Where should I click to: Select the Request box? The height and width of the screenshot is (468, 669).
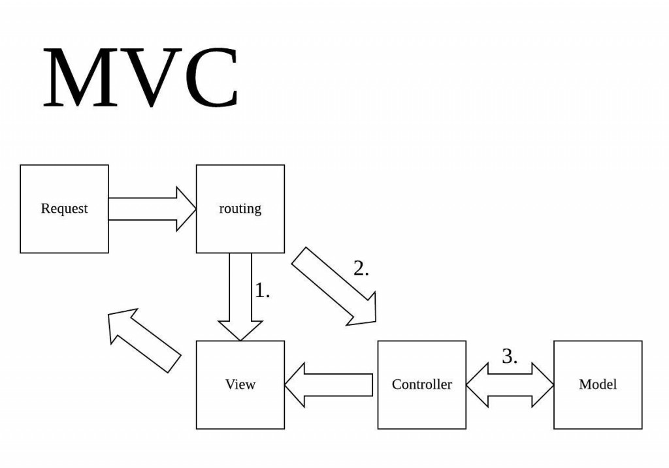pyautogui.click(x=65, y=209)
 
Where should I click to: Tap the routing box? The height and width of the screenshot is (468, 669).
pyautogui.click(x=240, y=209)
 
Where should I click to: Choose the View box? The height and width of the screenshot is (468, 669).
pyautogui.click(x=240, y=385)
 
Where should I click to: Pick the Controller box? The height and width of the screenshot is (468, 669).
pyautogui.click(x=422, y=385)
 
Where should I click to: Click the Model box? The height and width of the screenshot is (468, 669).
pyautogui.click(x=598, y=385)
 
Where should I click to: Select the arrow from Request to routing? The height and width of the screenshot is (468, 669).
pyautogui.click(x=152, y=209)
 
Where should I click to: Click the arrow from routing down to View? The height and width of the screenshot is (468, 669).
pyautogui.click(x=240, y=297)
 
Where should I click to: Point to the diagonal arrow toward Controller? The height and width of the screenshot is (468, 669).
pyautogui.click(x=334, y=287)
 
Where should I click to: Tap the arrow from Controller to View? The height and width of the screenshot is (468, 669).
pyautogui.click(x=329, y=385)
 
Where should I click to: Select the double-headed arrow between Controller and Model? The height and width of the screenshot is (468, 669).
pyautogui.click(x=510, y=385)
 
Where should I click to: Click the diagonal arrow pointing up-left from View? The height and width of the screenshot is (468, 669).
pyautogui.click(x=144, y=341)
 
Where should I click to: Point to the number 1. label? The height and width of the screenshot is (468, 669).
pyautogui.click(x=262, y=290)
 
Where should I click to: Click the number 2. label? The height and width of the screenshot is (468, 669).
pyautogui.click(x=361, y=268)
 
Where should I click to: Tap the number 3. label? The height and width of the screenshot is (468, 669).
pyautogui.click(x=510, y=356)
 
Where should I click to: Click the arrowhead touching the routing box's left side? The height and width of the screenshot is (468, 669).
pyautogui.click(x=186, y=209)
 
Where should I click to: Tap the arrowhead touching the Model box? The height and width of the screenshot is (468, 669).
pyautogui.click(x=543, y=385)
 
